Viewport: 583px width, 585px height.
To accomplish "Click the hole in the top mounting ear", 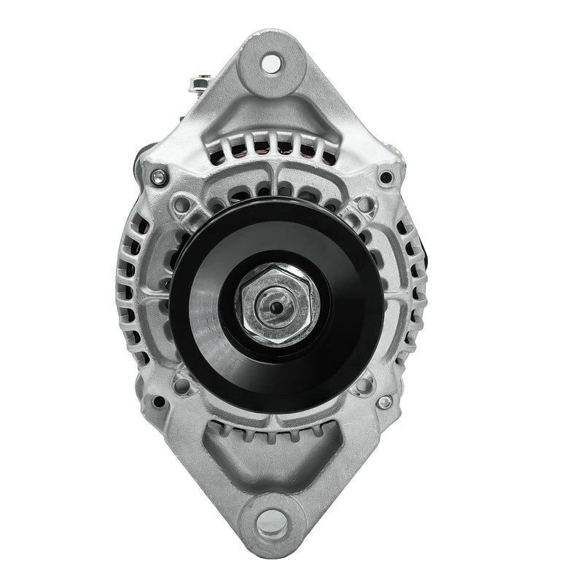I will click(270, 63).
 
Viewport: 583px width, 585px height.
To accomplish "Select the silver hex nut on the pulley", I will click(276, 305).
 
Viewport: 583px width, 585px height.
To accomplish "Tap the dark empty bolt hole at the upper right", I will click(386, 177).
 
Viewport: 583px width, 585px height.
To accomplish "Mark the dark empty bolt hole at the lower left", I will click(158, 401).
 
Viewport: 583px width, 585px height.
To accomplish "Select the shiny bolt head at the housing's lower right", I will click(385, 401).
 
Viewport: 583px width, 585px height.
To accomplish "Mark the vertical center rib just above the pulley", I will click(272, 182).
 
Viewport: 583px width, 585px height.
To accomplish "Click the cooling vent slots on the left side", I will click(131, 291).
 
